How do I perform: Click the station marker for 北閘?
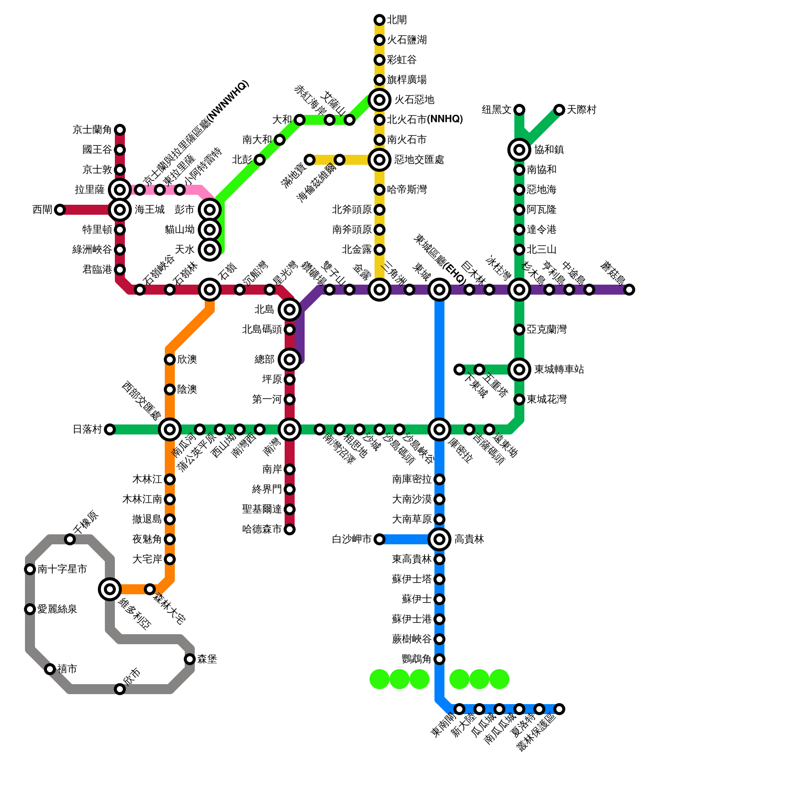click(380, 20)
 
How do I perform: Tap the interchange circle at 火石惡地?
click(380, 100)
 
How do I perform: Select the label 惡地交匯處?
click(418, 160)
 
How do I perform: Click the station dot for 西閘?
click(60, 210)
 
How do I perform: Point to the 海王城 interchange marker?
click(120, 210)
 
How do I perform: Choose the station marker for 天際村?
click(559, 110)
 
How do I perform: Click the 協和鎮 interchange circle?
click(519, 150)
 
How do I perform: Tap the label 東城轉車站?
click(559, 370)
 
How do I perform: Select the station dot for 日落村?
click(110, 429)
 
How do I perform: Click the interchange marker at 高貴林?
click(439, 539)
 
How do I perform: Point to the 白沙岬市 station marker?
click(380, 539)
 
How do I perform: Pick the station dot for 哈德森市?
click(290, 529)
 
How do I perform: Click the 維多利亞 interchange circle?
click(110, 589)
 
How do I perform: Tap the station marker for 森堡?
click(190, 659)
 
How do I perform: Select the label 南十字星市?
click(62, 569)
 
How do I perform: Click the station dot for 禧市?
click(50, 669)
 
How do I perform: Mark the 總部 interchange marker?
click(290, 360)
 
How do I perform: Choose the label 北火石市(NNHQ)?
click(424, 120)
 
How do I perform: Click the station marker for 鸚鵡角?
click(439, 659)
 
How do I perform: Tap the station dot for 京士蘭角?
click(120, 130)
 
